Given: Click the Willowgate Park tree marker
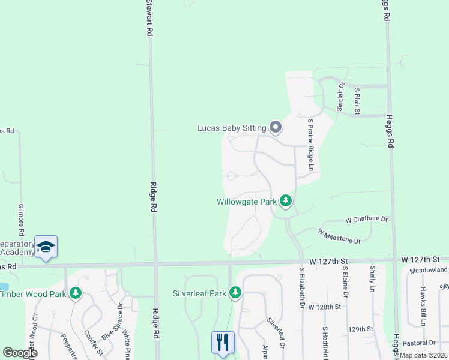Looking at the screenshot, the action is [286, 202].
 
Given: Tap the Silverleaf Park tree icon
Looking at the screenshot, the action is [235, 293].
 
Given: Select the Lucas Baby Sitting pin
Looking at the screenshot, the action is [276, 127].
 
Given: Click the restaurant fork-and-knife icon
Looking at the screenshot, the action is [223, 343].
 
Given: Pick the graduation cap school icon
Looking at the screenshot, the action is [46, 247].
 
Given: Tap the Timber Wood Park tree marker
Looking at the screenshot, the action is [75, 293].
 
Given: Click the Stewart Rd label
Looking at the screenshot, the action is [148, 18].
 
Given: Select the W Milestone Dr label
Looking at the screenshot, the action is [339, 236].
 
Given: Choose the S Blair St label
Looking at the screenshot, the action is [357, 101].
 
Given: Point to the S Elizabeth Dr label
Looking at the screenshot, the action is [301, 289].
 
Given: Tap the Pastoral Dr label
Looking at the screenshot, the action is [420, 343].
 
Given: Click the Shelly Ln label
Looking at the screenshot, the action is [373, 280].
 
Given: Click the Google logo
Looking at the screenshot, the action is [20, 353].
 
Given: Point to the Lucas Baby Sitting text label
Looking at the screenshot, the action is [232, 128].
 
